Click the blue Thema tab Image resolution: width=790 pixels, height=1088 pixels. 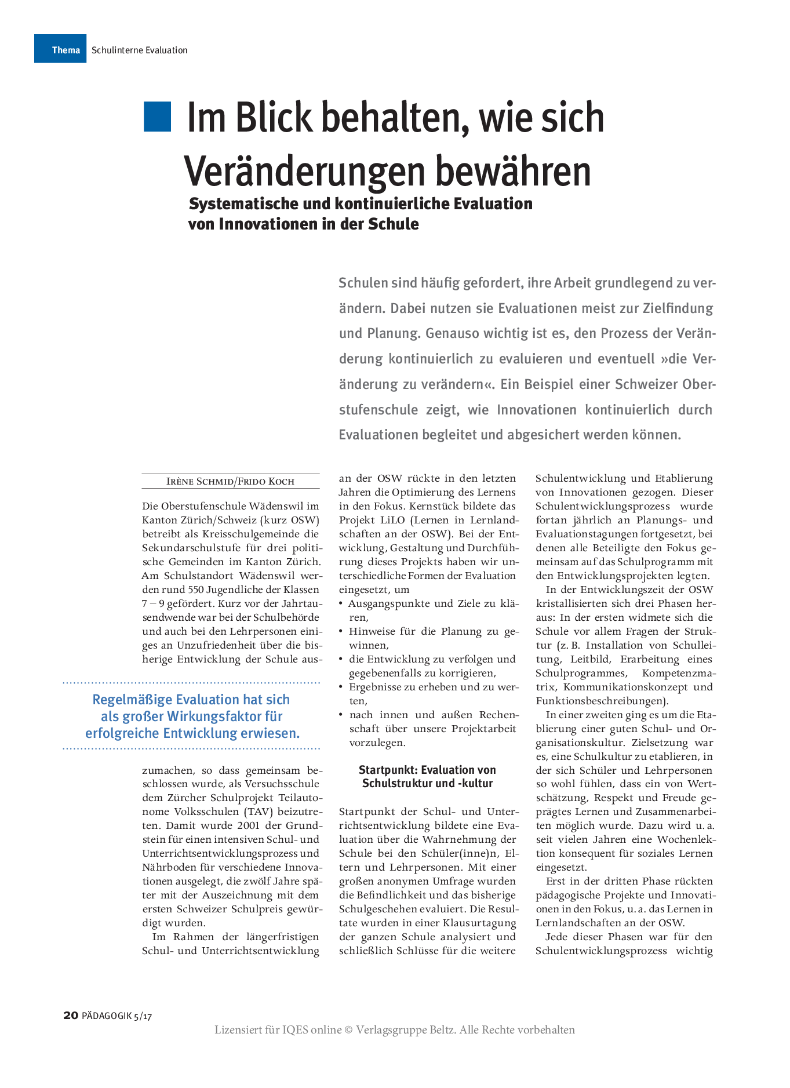click(60, 49)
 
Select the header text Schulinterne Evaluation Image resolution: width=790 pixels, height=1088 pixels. click(139, 50)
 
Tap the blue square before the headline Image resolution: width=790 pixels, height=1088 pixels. click(157, 116)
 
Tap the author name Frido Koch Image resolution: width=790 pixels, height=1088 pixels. click(267, 482)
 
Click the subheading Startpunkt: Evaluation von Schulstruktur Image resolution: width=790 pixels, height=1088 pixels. click(427, 777)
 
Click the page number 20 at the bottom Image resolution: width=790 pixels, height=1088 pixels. click(70, 1016)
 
